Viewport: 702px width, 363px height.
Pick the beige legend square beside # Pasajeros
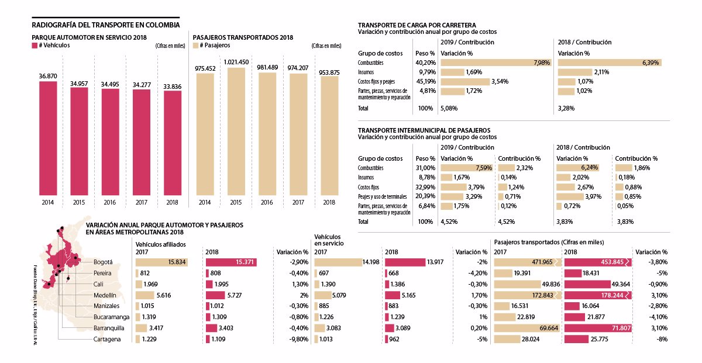point(196,45)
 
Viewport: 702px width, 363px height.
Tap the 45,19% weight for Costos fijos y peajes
point(425,81)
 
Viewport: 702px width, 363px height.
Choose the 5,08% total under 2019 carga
point(449,108)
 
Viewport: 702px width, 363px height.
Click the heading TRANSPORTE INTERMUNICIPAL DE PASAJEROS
point(424,130)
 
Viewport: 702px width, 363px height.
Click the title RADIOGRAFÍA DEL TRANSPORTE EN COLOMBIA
point(105,25)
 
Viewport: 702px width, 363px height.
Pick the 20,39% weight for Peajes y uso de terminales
point(425,196)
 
